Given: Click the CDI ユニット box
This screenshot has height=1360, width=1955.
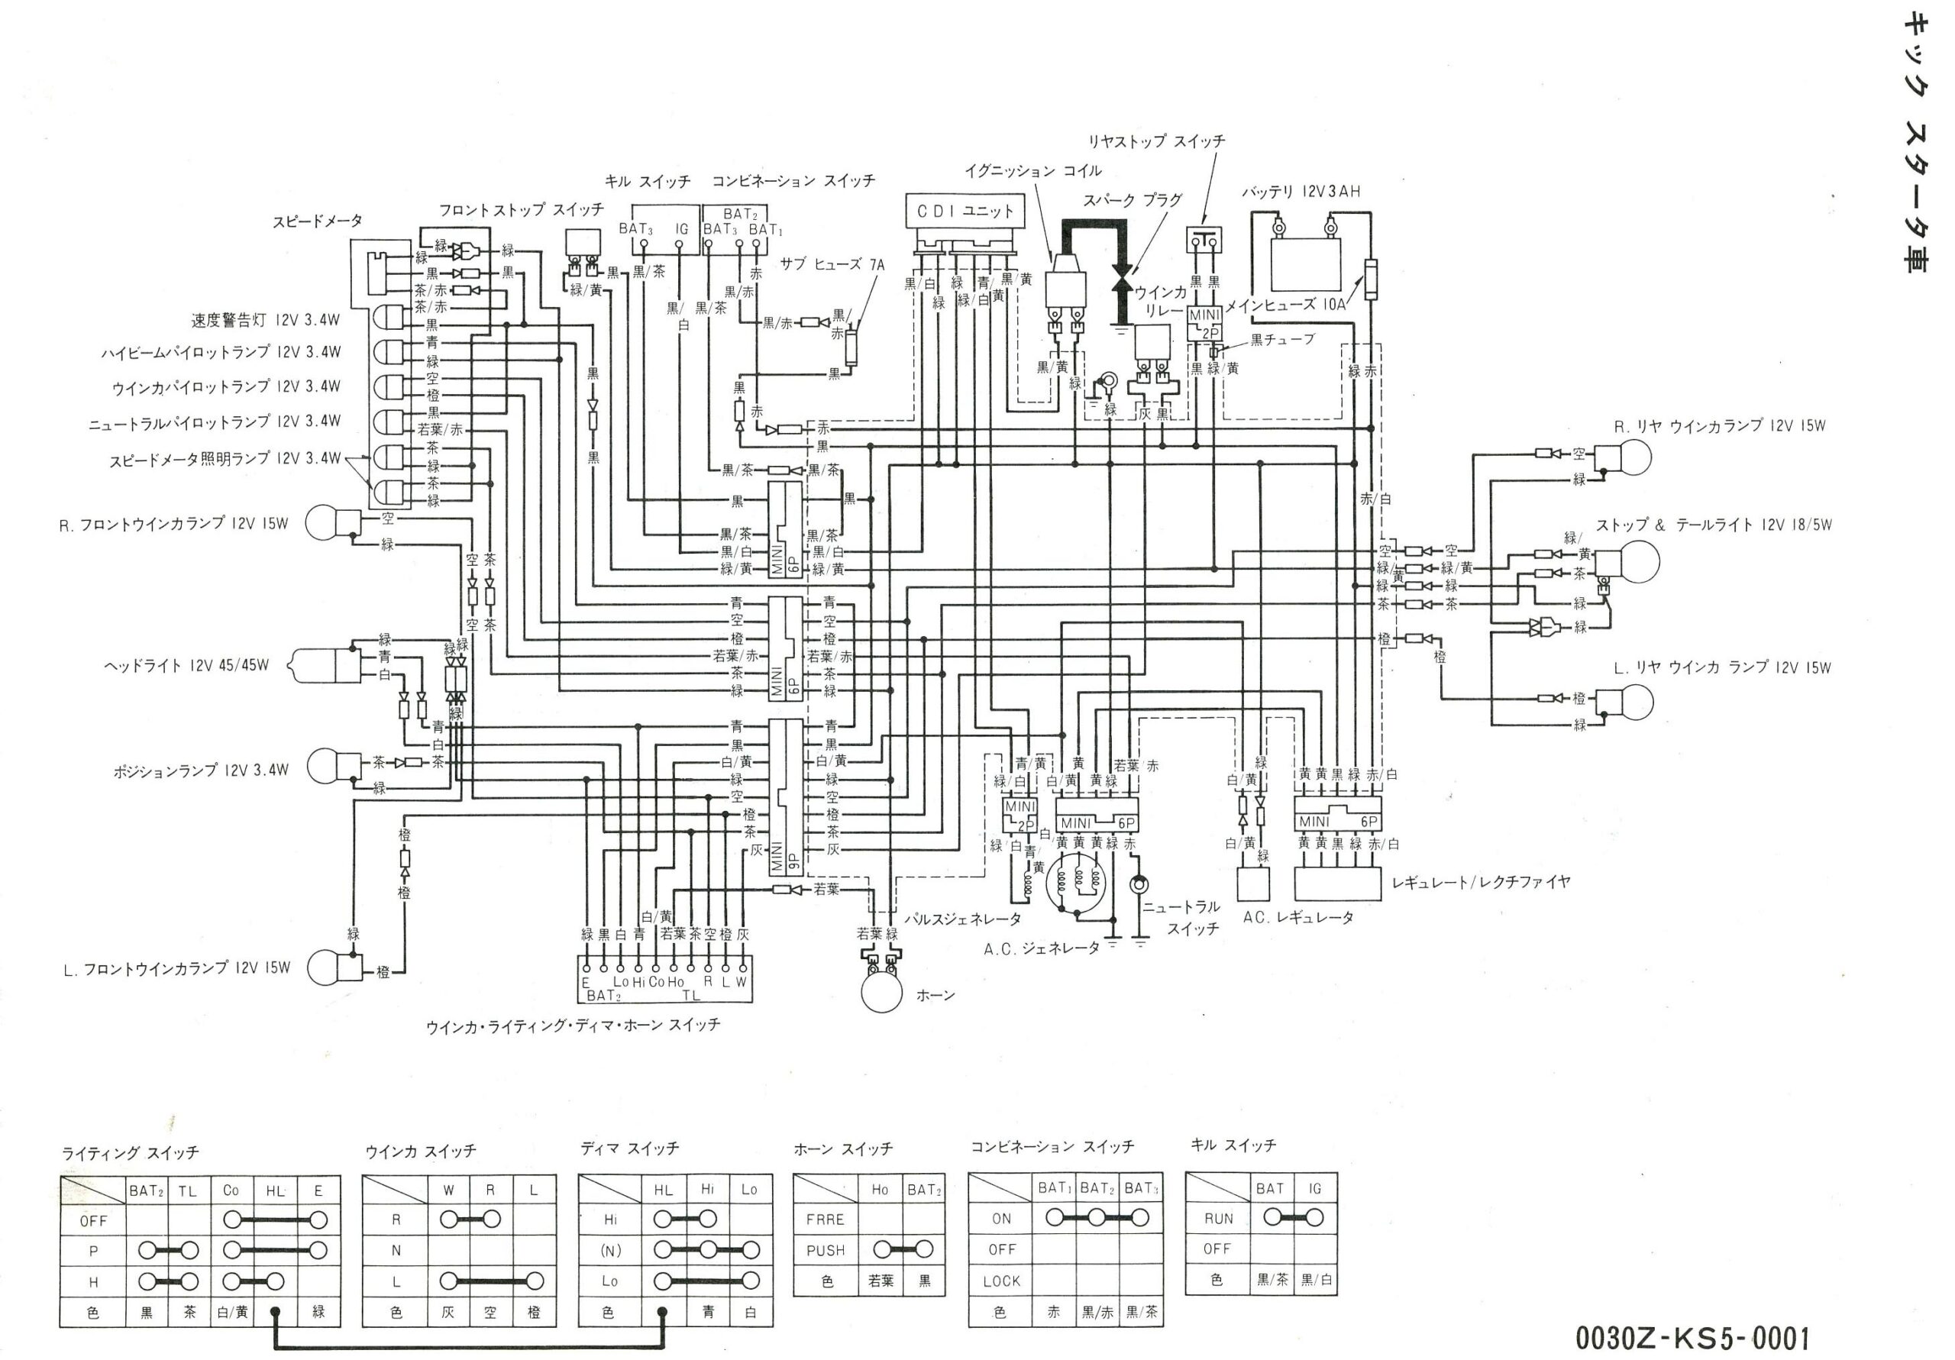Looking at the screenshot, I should tap(964, 210).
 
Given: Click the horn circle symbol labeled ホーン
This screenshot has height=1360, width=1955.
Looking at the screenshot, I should tap(881, 992).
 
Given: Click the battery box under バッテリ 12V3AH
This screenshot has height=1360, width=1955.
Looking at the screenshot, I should tap(1304, 266).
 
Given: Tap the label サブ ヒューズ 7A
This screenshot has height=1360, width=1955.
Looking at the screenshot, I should tap(831, 265).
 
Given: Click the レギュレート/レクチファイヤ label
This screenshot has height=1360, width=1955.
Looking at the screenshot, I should tap(1480, 882).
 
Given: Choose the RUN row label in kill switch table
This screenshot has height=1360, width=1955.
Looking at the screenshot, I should tap(1219, 1219).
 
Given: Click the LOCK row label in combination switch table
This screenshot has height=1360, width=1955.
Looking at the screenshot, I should tap(1000, 1281).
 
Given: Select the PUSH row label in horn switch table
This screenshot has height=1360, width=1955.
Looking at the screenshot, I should tap(825, 1250).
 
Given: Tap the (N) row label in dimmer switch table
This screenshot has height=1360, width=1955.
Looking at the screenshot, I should tap(609, 1250).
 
